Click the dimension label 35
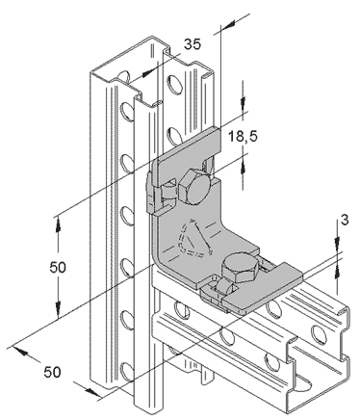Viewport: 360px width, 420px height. pos(193,44)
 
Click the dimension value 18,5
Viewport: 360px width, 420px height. pos(243,136)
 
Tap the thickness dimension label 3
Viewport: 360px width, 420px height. pos(345,220)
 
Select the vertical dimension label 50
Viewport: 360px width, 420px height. pos(58,267)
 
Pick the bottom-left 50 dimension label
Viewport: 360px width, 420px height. pos(52,372)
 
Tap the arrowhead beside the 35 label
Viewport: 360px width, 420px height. pos(148,73)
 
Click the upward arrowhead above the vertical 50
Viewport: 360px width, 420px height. pos(58,223)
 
